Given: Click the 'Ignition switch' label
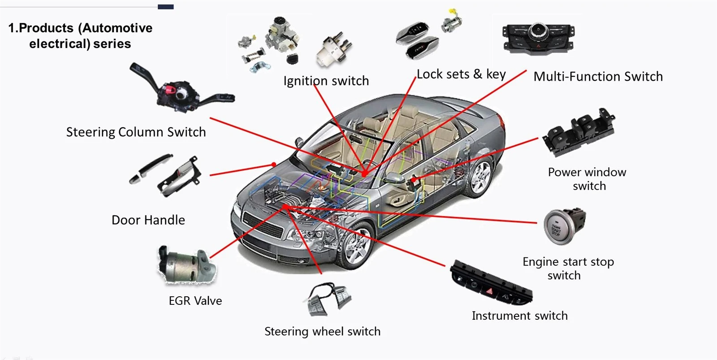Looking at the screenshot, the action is click(326, 81).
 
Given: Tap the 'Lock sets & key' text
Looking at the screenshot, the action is click(461, 74).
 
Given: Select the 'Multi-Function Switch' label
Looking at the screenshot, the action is click(598, 77).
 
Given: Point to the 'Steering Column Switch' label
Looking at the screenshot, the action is click(136, 132).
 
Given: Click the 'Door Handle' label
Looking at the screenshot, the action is click(148, 220).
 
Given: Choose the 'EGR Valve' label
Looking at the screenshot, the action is click(195, 301).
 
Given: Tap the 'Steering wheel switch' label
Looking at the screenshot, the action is click(322, 331).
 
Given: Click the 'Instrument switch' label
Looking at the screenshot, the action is click(519, 316).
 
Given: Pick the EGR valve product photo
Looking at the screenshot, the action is click(186, 265).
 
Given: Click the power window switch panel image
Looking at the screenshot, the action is click(579, 132).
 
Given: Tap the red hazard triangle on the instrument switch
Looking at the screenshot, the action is click(489, 291).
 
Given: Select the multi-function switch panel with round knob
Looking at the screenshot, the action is click(538, 38).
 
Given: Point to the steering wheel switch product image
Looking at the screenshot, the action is click(328, 299).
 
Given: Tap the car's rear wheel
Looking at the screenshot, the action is click(479, 177).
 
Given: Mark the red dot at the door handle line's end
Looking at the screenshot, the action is click(274, 165).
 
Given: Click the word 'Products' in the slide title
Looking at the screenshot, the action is click(46, 28).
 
